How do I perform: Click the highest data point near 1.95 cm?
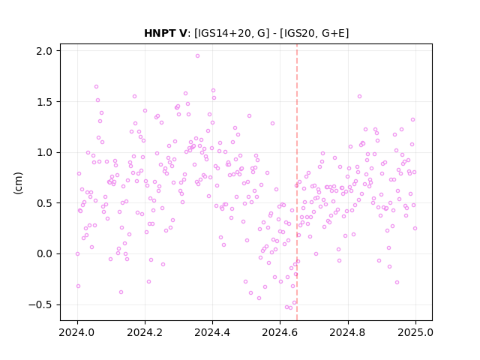tap(197, 56)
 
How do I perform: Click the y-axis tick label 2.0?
tap(44, 51)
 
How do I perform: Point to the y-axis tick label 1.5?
tap(44, 102)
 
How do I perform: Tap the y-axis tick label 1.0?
tap(44, 152)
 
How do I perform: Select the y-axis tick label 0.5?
tap(44, 203)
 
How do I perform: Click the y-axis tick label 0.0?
tap(44, 253)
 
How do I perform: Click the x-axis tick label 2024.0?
tap(77, 332)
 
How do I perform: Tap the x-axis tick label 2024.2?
tap(145, 332)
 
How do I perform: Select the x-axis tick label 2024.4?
tap(212, 332)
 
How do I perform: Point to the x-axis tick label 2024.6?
tap(280, 332)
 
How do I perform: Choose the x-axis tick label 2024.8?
tap(347, 332)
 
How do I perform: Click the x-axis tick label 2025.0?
tap(415, 332)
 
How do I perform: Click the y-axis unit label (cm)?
tap(18, 183)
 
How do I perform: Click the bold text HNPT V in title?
tap(165, 33)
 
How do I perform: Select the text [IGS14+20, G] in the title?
tap(232, 33)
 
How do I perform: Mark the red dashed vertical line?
tap(297, 182)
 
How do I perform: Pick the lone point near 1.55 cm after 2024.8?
tap(359, 97)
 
